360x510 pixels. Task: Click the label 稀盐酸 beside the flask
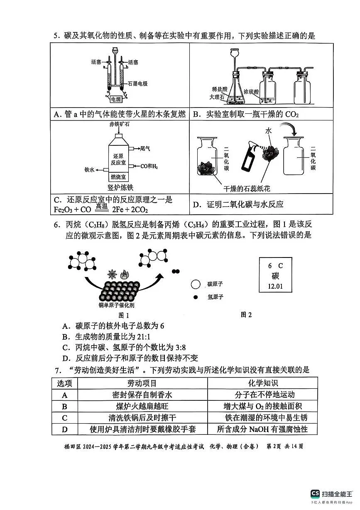[x=219, y=89]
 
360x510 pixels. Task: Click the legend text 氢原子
[x=216, y=297]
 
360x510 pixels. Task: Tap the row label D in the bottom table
[x=64, y=429]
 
